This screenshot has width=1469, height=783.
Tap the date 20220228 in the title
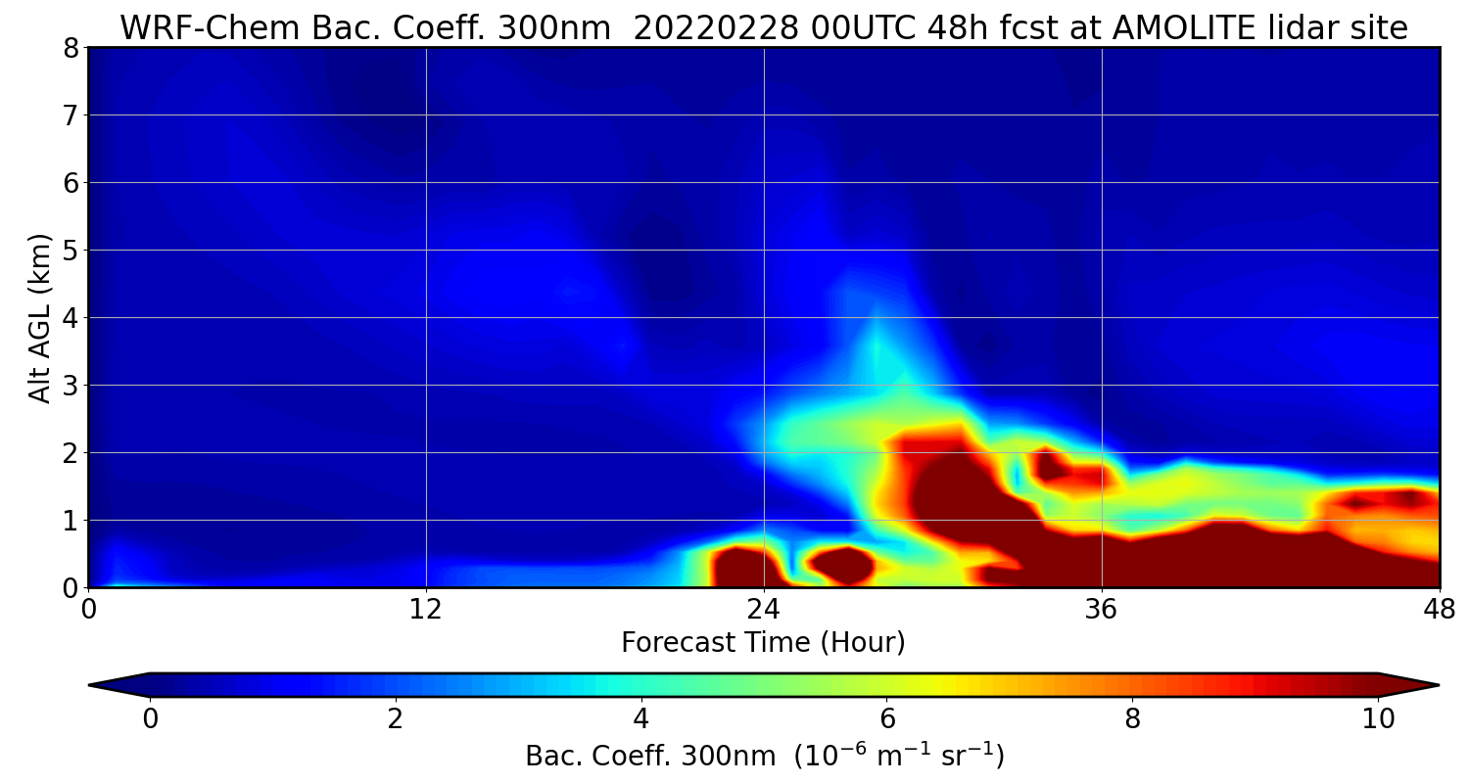point(716,28)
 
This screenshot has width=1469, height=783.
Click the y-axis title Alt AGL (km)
point(39,318)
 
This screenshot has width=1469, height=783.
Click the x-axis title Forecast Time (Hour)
point(763,642)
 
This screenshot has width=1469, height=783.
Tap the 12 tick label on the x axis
point(426,610)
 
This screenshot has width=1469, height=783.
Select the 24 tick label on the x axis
point(764,610)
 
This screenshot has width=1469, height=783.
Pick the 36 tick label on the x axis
point(1101,610)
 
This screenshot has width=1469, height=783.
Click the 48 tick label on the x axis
point(1439,610)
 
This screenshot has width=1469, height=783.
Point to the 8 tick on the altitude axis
point(71,48)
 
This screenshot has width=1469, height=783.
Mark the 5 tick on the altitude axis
point(71,251)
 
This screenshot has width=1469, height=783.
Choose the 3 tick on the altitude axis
point(71,386)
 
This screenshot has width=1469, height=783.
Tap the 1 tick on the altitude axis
point(71,521)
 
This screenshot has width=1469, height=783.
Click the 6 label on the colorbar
point(886,718)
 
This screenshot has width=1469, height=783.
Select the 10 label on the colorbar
point(1378,718)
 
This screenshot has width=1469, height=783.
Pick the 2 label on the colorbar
point(395,718)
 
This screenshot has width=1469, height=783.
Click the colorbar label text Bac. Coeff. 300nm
point(650,757)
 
